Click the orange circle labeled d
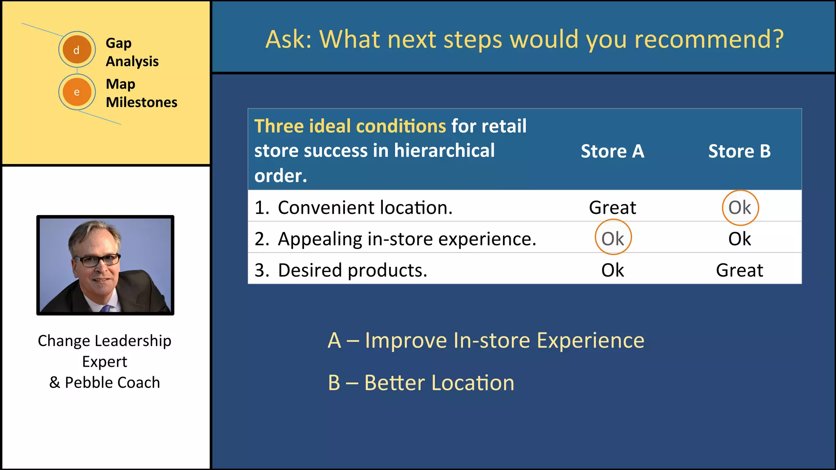click(x=77, y=50)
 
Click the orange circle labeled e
click(x=77, y=92)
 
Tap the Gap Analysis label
click(x=132, y=52)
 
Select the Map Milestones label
click(x=141, y=93)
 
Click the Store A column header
click(x=612, y=151)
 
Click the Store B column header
click(x=739, y=151)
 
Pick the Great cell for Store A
click(x=612, y=208)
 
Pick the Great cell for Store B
click(x=739, y=270)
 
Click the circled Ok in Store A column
click(x=613, y=238)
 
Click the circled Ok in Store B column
click(x=740, y=208)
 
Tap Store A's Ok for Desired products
click(x=612, y=270)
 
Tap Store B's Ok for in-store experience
click(x=739, y=239)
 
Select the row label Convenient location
click(x=365, y=208)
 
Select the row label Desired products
click(x=352, y=270)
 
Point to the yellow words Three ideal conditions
click(x=350, y=126)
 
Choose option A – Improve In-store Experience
click(x=486, y=340)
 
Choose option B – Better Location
click(x=421, y=383)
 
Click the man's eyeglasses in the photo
click(x=98, y=260)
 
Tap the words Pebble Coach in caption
click(x=112, y=383)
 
